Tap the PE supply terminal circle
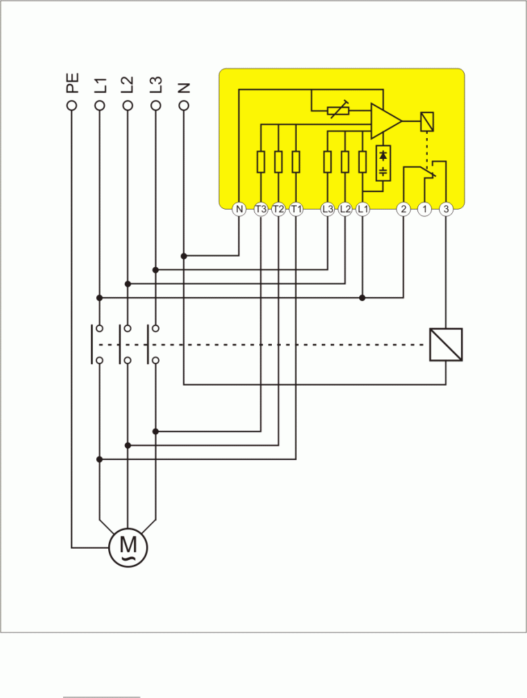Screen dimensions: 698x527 click(x=71, y=105)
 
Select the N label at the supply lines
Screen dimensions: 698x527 click(x=183, y=87)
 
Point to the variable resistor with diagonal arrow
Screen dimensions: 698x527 click(x=338, y=110)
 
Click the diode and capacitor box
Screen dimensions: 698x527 click(x=383, y=164)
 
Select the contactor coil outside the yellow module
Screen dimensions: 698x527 click(x=446, y=344)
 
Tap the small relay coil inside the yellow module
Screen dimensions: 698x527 click(x=427, y=122)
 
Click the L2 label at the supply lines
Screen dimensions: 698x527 click(x=127, y=85)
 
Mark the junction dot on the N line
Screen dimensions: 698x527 click(x=184, y=256)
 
